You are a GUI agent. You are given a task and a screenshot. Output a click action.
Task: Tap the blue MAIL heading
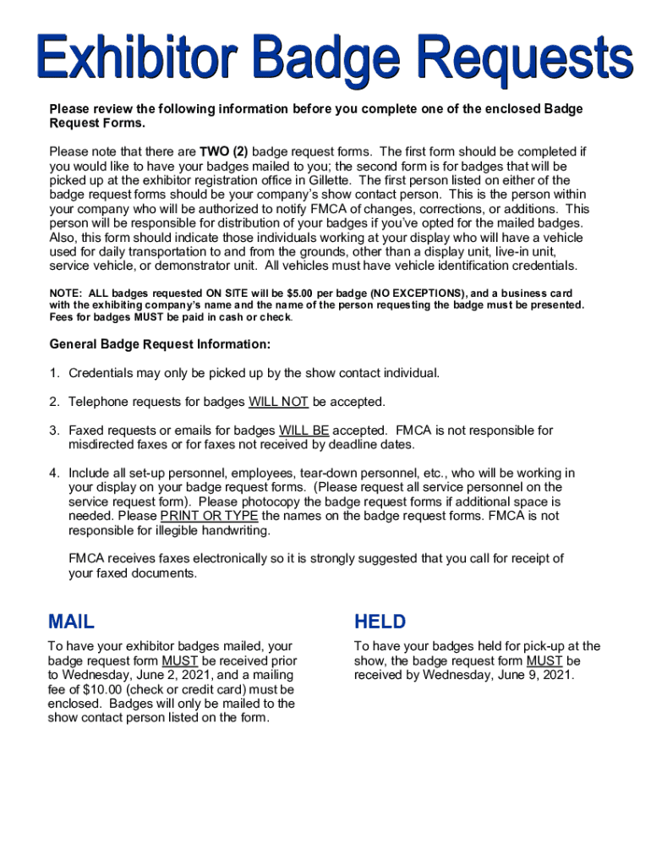pyautogui.click(x=72, y=622)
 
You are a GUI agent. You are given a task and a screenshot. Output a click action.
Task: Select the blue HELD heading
pyautogui.click(x=380, y=622)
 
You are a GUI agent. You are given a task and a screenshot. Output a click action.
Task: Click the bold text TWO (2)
pyautogui.click(x=224, y=152)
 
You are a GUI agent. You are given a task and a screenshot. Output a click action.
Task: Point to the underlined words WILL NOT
pyautogui.click(x=278, y=402)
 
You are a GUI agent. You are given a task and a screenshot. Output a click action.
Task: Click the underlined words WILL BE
pyautogui.click(x=304, y=430)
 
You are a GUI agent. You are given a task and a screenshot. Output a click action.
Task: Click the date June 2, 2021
pyautogui.click(x=180, y=675)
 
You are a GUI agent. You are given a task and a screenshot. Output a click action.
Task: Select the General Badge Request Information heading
pyautogui.click(x=160, y=344)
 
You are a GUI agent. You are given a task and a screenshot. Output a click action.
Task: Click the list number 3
pyautogui.click(x=53, y=430)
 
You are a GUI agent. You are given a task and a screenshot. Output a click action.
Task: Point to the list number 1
pyautogui.click(x=53, y=373)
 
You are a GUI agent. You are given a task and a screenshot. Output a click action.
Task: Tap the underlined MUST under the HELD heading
pyautogui.click(x=542, y=660)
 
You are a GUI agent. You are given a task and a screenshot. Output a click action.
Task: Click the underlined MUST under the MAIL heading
pyautogui.click(x=179, y=660)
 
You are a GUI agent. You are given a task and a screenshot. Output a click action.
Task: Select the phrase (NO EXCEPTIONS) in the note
pyautogui.click(x=375, y=293)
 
